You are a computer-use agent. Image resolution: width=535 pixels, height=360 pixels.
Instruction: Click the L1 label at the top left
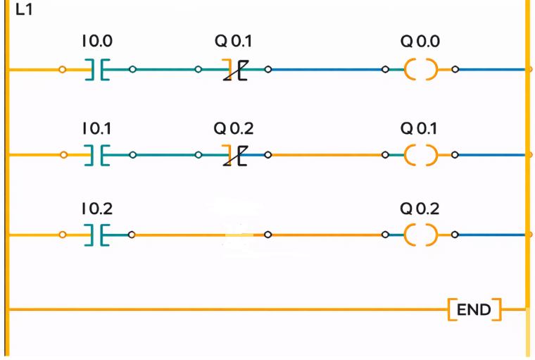(23, 11)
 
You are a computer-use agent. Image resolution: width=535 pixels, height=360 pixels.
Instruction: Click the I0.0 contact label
(96, 42)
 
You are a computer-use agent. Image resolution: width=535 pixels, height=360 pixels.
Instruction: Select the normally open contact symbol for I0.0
(98, 70)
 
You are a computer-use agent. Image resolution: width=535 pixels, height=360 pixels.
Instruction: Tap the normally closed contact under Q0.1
(235, 70)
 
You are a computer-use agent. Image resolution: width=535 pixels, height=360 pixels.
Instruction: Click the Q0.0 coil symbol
(420, 70)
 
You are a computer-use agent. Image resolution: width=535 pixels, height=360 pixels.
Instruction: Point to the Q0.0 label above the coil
(420, 42)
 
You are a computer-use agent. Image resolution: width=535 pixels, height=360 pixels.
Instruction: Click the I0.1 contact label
(96, 129)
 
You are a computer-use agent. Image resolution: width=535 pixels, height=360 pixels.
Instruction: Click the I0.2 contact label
(96, 209)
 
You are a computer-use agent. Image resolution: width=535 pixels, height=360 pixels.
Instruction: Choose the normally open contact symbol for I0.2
(98, 235)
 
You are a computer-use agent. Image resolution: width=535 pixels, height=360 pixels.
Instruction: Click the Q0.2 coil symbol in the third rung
(420, 235)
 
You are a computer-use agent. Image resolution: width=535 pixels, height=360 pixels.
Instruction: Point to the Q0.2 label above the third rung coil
(420, 209)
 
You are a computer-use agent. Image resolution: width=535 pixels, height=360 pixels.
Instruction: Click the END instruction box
(474, 309)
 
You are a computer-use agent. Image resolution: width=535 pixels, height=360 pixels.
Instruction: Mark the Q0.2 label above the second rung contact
(234, 129)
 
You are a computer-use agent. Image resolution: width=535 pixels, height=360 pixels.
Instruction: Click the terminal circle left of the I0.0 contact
(63, 70)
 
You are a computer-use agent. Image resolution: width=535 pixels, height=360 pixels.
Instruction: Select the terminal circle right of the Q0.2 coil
(455, 235)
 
